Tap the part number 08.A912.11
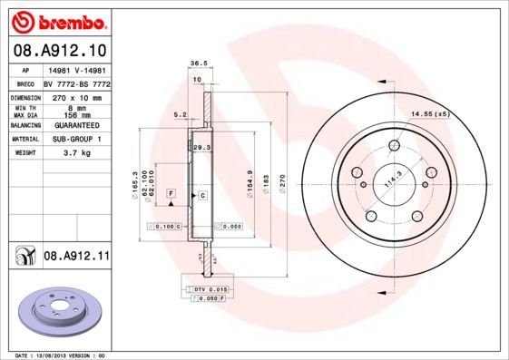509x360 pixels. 76,258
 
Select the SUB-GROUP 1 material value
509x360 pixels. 73,140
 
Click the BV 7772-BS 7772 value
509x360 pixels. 76,82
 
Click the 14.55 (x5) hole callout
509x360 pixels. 430,114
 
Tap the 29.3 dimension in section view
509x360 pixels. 201,146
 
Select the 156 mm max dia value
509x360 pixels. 73,115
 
